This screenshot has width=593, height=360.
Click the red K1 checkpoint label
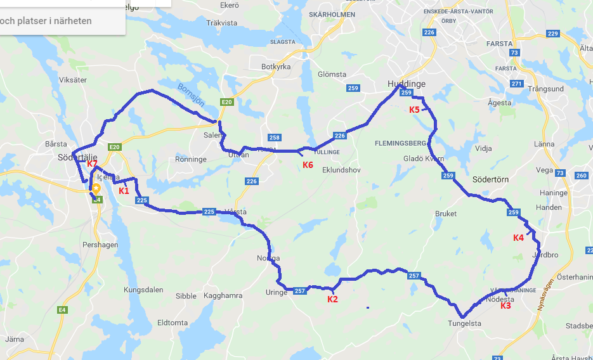(x=124, y=190)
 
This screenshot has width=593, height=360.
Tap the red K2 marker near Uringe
(x=332, y=299)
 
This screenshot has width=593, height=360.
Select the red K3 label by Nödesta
(x=505, y=305)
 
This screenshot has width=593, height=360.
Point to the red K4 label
(x=518, y=238)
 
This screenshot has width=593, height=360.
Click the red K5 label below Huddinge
(x=414, y=110)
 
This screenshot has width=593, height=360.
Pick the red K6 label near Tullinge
(x=308, y=165)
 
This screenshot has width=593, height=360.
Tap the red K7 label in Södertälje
(x=92, y=164)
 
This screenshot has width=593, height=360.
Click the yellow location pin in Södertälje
(x=96, y=189)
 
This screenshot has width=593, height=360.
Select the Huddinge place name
(x=407, y=84)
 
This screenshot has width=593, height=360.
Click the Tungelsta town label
(x=464, y=323)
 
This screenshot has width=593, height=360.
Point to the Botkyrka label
(x=276, y=67)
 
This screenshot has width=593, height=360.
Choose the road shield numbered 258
(x=274, y=138)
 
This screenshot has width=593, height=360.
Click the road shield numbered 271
(x=517, y=84)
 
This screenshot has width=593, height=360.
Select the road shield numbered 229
(x=552, y=34)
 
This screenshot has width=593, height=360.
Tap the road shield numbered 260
(x=580, y=176)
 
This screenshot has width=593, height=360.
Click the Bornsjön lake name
(x=190, y=95)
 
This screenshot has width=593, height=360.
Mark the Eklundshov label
(x=341, y=170)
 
